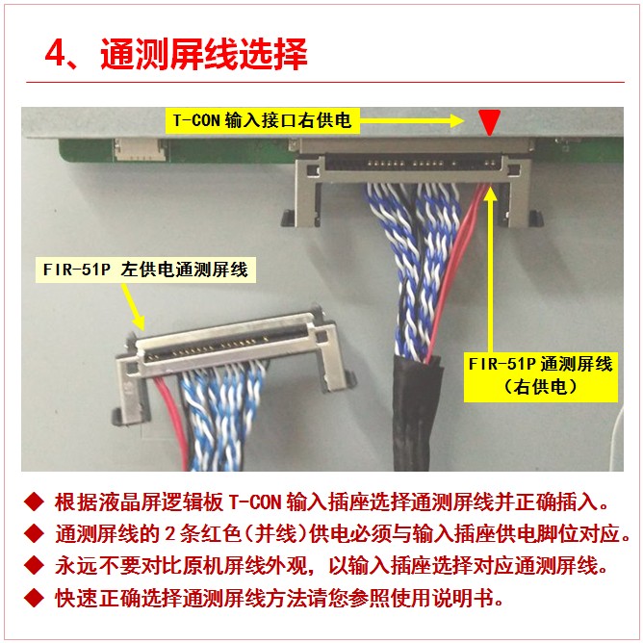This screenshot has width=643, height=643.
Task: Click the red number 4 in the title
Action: point(55,54)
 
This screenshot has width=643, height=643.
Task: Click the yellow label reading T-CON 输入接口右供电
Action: point(263,120)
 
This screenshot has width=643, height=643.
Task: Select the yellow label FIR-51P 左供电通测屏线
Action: point(145,270)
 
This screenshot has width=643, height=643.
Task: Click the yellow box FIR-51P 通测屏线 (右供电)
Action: point(540,375)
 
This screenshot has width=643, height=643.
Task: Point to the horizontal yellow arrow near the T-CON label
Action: point(412,120)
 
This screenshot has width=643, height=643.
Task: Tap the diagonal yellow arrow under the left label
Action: point(134,307)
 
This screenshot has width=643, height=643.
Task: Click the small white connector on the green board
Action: point(140,149)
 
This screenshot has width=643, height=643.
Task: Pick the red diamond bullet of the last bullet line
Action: point(34,598)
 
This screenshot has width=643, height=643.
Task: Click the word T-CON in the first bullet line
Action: point(254,502)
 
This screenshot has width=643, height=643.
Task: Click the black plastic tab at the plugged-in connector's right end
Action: point(535,219)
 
